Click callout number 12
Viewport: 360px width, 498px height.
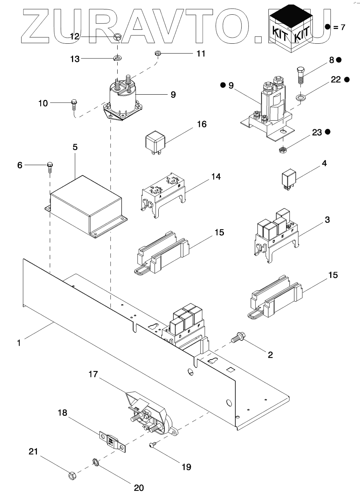[75, 36]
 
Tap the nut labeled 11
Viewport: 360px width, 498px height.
[158, 54]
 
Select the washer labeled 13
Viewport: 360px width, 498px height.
[117, 58]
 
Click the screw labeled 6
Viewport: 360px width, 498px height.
[50, 166]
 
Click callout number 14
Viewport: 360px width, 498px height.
[216, 176]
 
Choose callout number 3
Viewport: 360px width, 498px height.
[327, 219]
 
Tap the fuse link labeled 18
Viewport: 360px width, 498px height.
[112, 441]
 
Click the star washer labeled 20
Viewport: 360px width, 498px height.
[95, 462]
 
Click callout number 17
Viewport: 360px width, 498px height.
[93, 374]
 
